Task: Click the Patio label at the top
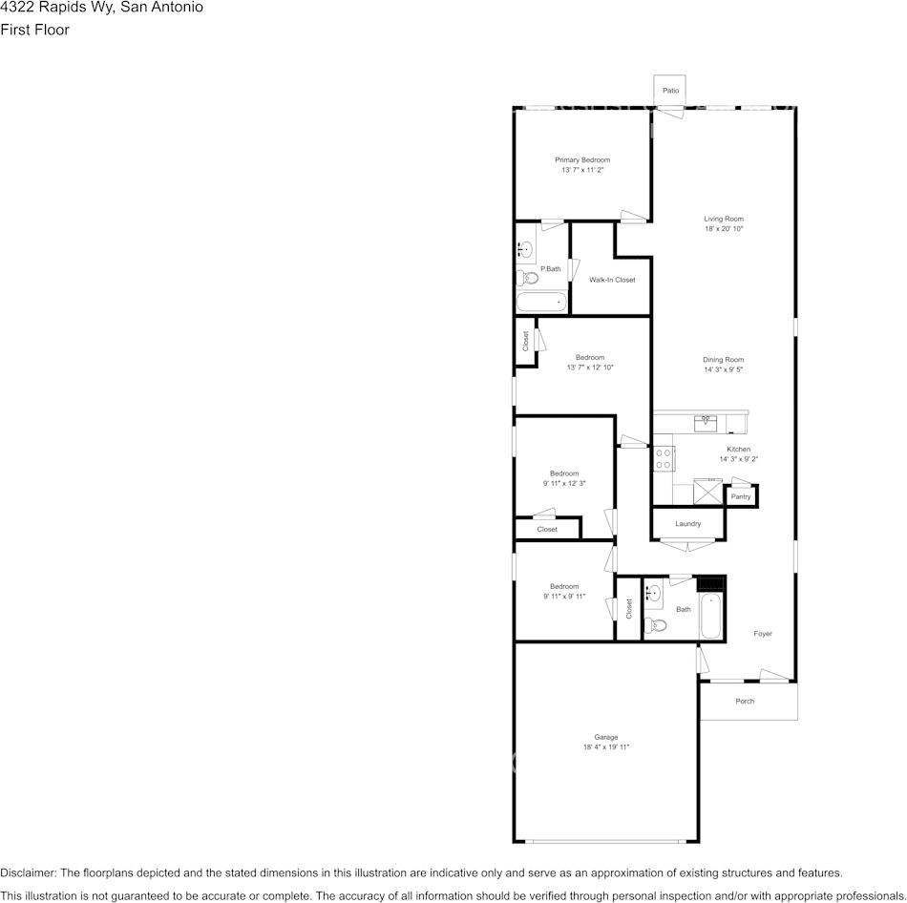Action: [670, 91]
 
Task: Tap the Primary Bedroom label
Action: [582, 160]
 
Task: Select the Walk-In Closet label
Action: [612, 280]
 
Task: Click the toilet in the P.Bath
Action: [527, 278]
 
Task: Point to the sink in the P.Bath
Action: [525, 249]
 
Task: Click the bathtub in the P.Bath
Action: [541, 302]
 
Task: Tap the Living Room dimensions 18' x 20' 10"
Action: [724, 228]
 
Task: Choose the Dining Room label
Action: [723, 360]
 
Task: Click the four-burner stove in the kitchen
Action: [664, 459]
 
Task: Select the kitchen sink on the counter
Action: [706, 424]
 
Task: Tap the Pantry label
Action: [741, 497]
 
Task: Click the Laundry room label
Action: [687, 523]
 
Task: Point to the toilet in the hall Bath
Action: [655, 625]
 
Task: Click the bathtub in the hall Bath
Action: [711, 616]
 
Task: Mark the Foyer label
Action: [763, 634]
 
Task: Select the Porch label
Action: [745, 701]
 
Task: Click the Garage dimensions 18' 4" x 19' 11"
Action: [606, 746]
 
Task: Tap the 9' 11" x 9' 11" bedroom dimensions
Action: [564, 597]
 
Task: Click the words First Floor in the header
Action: [34, 30]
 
